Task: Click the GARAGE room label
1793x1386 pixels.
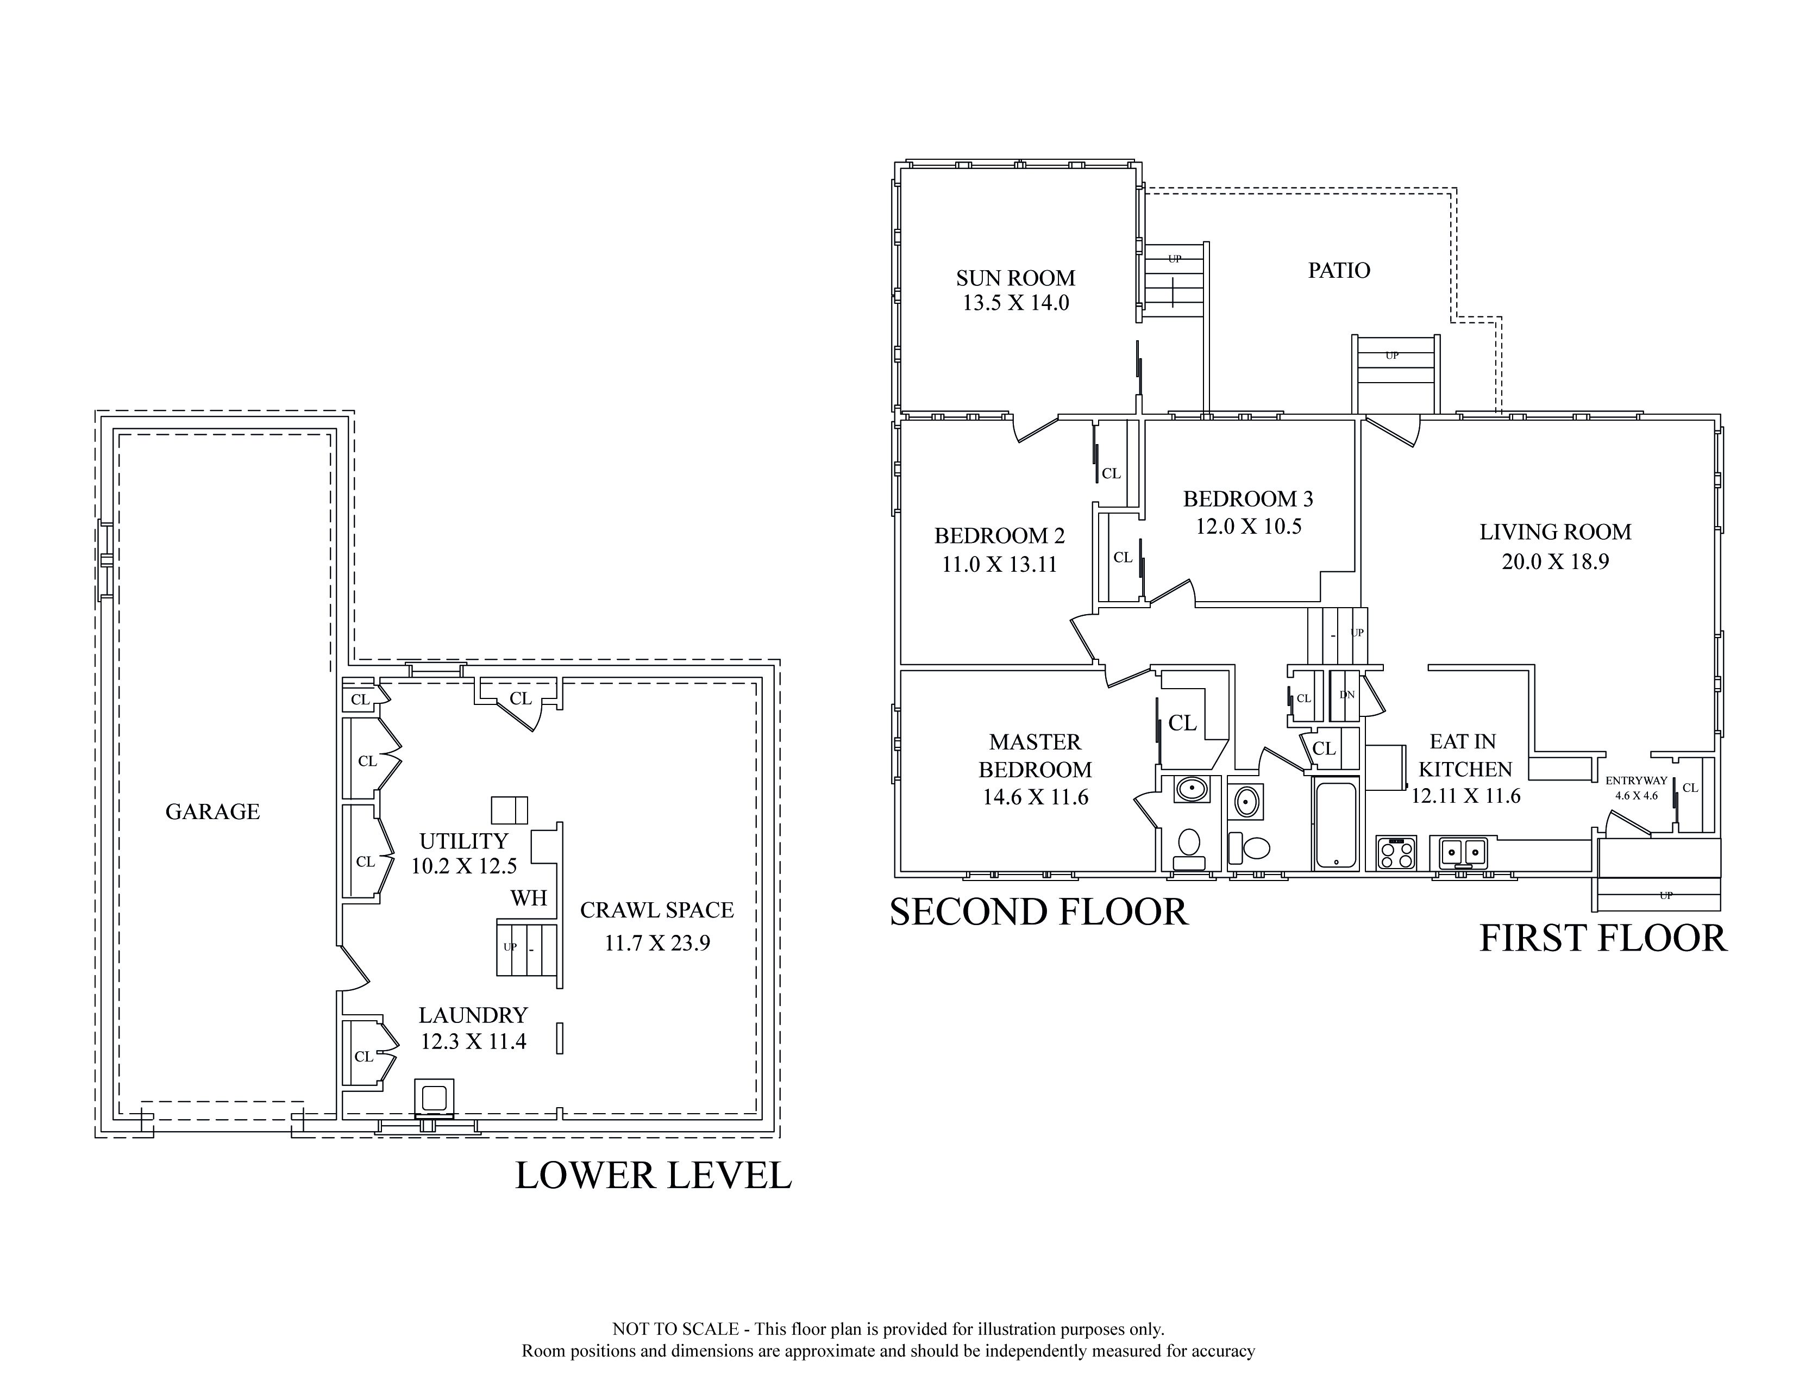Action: click(x=212, y=812)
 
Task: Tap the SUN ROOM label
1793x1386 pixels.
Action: click(x=1015, y=278)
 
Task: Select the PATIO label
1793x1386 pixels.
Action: click(x=1339, y=270)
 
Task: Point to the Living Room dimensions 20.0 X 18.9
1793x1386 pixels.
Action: click(x=1555, y=561)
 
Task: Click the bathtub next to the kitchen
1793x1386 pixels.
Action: click(x=1336, y=825)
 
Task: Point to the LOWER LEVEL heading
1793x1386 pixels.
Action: click(x=654, y=1176)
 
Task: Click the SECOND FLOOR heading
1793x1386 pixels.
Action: click(x=1039, y=912)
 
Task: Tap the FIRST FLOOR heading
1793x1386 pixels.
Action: click(x=1603, y=939)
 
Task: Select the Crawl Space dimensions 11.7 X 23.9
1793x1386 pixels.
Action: click(x=657, y=944)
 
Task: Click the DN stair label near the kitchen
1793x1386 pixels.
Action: click(x=1347, y=695)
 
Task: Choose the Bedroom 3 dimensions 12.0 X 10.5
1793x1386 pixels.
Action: click(x=1248, y=526)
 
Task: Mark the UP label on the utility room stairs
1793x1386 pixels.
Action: click(x=510, y=947)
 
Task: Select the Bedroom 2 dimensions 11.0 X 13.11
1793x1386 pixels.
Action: click(x=999, y=565)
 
